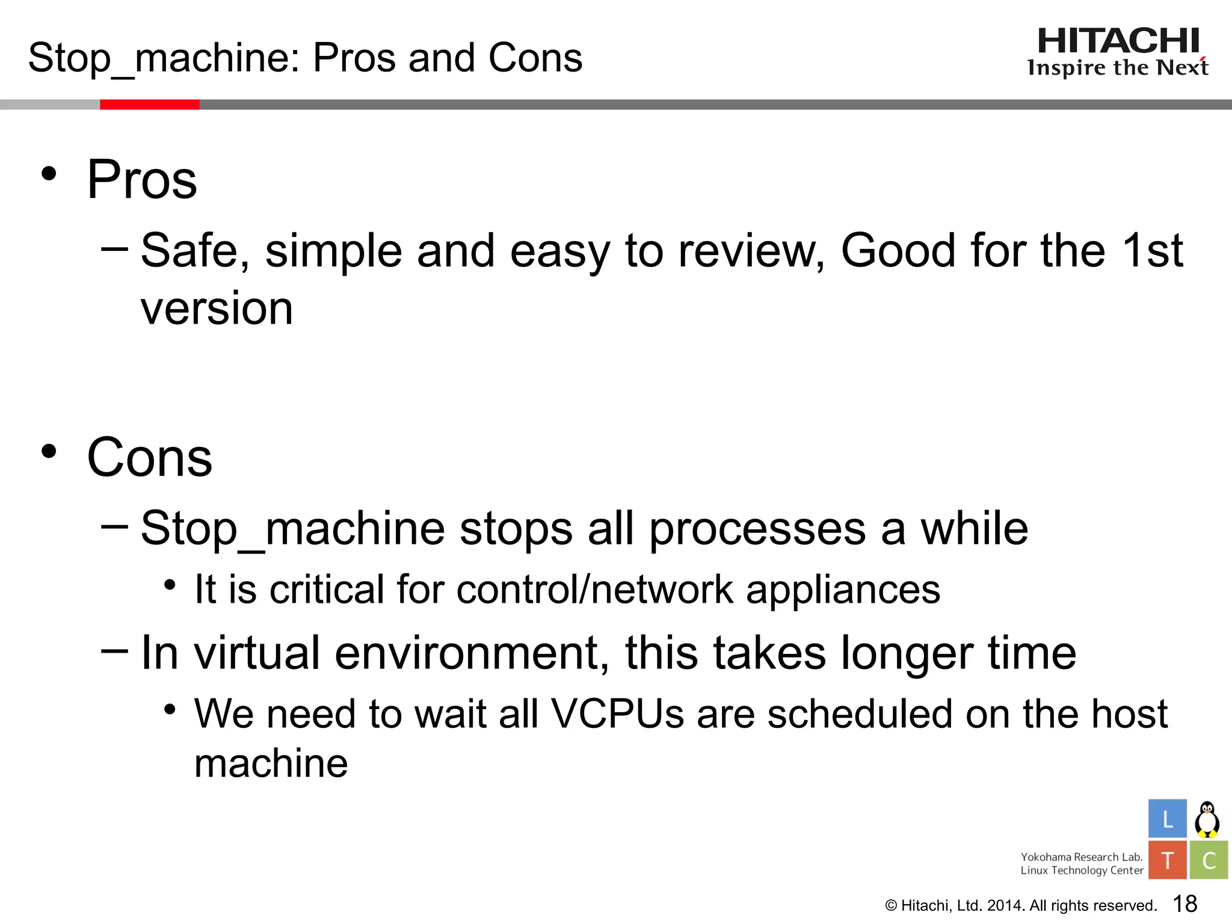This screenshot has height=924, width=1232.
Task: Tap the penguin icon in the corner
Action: tap(1207, 819)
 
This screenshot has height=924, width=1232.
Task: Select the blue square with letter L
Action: tap(1167, 819)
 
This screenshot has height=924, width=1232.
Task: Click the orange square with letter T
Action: tap(1167, 860)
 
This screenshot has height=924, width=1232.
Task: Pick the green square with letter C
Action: tap(1209, 860)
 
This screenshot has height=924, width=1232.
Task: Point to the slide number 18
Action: tap(1185, 904)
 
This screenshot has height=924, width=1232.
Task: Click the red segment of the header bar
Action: tap(149, 105)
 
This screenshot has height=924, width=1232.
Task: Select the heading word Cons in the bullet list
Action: tap(150, 457)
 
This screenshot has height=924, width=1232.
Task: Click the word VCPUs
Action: tap(618, 714)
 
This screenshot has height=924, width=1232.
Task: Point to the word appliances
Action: tap(843, 589)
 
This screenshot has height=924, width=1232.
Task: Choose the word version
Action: tap(217, 308)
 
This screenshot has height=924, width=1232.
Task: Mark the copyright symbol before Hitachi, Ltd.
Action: tap(892, 906)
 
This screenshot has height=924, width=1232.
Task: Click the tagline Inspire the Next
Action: tap(1118, 68)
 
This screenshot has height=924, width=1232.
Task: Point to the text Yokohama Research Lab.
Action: tap(1081, 857)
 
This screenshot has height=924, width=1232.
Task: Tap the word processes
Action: tap(758, 529)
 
